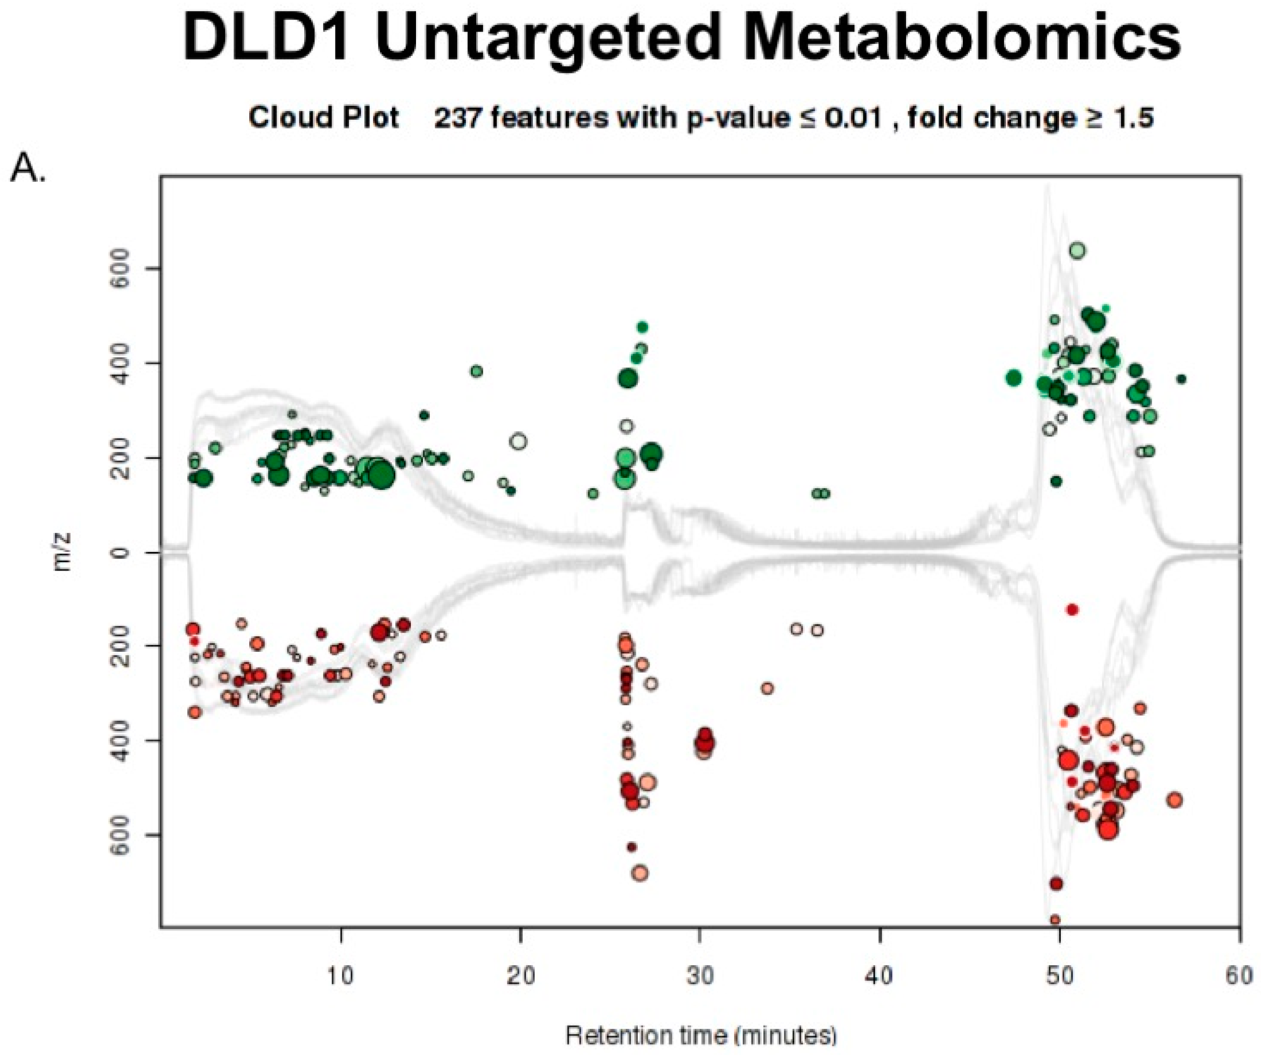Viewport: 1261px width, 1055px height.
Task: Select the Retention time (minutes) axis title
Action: [x=701, y=1036]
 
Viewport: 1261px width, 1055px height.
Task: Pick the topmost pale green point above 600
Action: [x=1077, y=251]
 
